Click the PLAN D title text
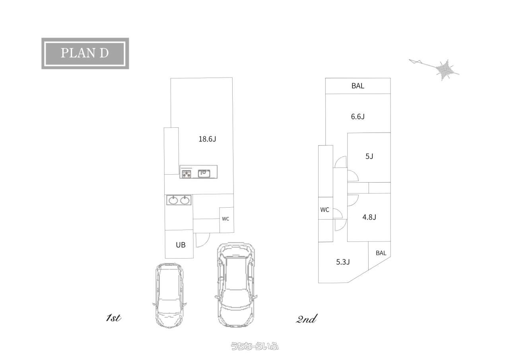click(x=85, y=53)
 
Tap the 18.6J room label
click(x=207, y=139)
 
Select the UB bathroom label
click(x=181, y=245)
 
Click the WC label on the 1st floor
click(x=225, y=219)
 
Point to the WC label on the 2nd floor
click(x=325, y=210)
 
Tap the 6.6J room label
click(x=357, y=117)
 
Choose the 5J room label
click(x=369, y=156)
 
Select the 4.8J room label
click(x=369, y=217)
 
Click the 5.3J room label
click(x=343, y=262)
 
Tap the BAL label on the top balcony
click(x=358, y=86)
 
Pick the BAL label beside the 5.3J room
click(x=381, y=253)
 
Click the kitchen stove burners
click(x=187, y=174)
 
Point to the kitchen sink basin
click(x=204, y=173)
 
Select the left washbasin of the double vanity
click(x=173, y=200)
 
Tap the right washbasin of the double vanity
click(x=185, y=200)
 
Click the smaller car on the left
click(x=169, y=295)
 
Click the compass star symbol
click(x=445, y=69)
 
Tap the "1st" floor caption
click(x=113, y=318)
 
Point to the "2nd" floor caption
click(x=306, y=319)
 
